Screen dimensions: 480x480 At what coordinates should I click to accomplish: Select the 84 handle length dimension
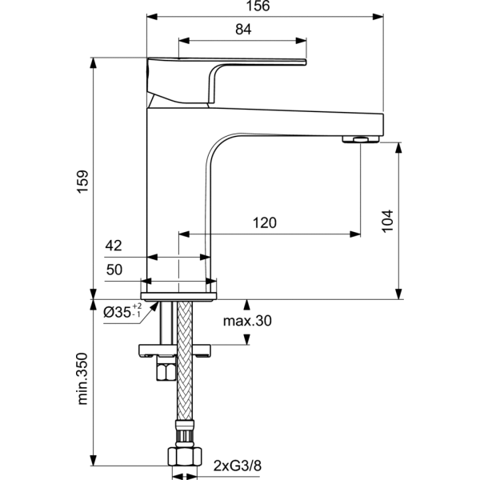click(x=244, y=30)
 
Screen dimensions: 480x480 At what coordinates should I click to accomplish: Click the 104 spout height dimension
click(x=387, y=220)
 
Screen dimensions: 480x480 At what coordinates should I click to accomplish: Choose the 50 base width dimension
click(x=114, y=270)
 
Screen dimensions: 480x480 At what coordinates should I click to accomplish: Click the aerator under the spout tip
click(x=356, y=139)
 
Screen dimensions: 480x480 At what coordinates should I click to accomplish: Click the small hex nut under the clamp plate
click(x=166, y=371)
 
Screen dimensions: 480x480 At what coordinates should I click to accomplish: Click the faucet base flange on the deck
click(x=179, y=294)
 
